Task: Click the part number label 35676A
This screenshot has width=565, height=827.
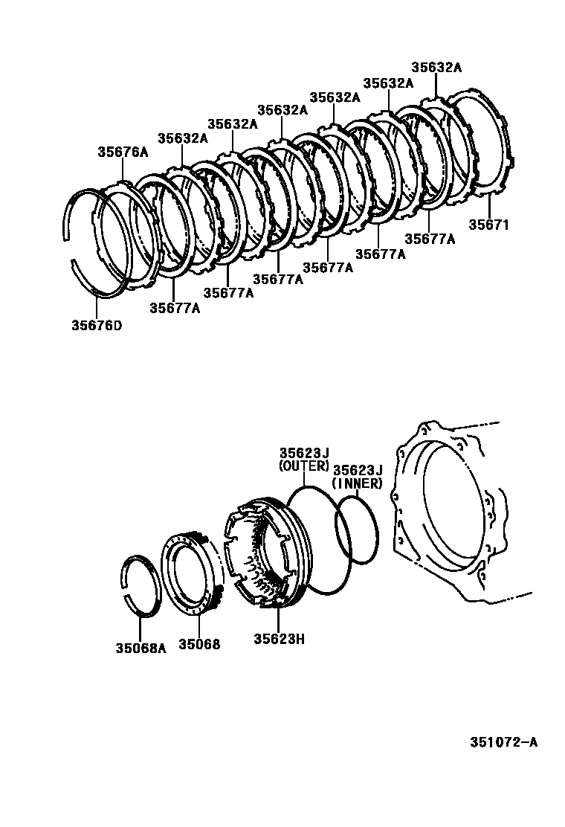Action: point(123,152)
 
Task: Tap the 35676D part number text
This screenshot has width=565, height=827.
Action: point(97,324)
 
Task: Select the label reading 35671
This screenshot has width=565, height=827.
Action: point(488,225)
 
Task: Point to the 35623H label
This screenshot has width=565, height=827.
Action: point(279,638)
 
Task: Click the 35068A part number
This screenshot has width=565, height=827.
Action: point(141,646)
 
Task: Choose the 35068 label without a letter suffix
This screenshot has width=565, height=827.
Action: point(199,645)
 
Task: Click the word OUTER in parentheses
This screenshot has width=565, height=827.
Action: point(303,466)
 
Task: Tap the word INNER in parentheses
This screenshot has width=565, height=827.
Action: point(358,483)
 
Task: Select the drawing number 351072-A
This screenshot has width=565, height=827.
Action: point(503,742)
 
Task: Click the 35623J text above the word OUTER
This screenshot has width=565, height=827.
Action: point(304,453)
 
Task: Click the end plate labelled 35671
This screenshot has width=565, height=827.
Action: point(483,141)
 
